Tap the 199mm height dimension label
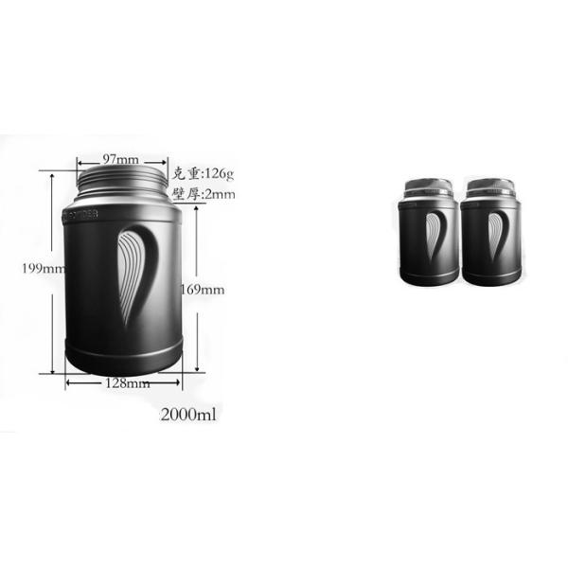[x=39, y=267]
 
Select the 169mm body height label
[x=203, y=289]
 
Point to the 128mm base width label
[x=127, y=383]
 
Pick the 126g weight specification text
[x=202, y=173]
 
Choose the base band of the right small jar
[x=489, y=276]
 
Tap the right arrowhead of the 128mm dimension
[x=177, y=382]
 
